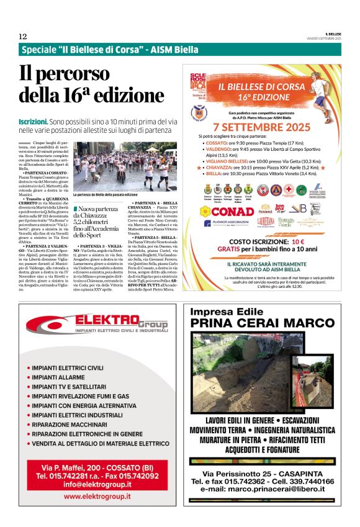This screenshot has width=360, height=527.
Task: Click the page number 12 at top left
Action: [22, 37]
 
